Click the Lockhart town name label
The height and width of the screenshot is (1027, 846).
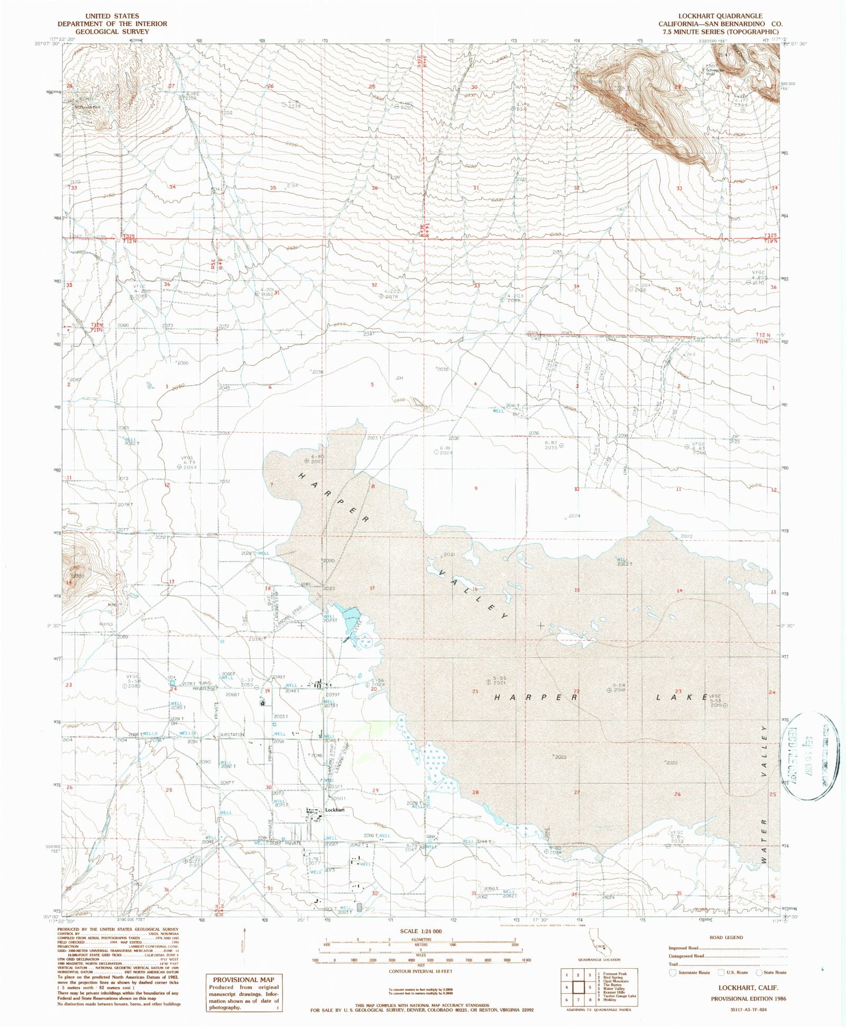point(335,810)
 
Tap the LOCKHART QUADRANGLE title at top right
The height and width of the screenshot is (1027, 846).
point(720,16)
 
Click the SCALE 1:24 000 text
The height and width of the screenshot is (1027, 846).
point(421,931)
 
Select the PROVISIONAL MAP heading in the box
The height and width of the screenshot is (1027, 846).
point(244,979)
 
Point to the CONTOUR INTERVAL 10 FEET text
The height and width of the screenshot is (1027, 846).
point(420,971)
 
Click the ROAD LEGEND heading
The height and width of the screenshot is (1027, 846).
point(726,937)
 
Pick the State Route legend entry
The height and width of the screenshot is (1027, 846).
point(773,972)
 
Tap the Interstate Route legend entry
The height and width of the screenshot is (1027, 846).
point(689,972)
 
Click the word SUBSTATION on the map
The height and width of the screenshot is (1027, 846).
point(232,735)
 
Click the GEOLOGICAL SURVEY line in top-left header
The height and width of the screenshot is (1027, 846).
point(112,31)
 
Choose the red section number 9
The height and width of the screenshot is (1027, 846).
point(476,488)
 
